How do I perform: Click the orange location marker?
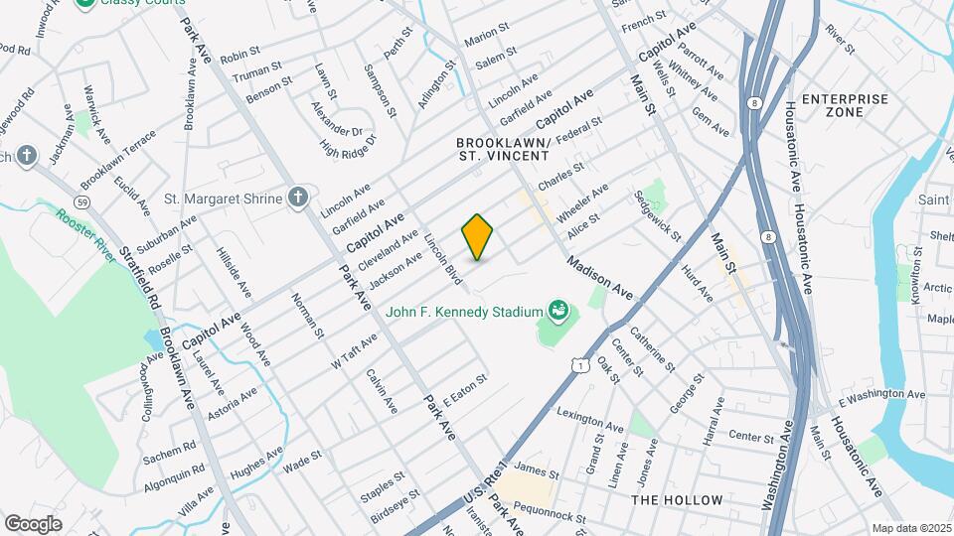[478, 237]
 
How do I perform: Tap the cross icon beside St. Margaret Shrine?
[297, 199]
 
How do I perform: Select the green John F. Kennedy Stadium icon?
[556, 311]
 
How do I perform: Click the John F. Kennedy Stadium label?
[462, 311]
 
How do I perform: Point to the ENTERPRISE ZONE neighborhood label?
[845, 106]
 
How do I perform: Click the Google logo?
[33, 523]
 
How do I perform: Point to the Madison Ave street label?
[600, 279]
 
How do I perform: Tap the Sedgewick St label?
[658, 216]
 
